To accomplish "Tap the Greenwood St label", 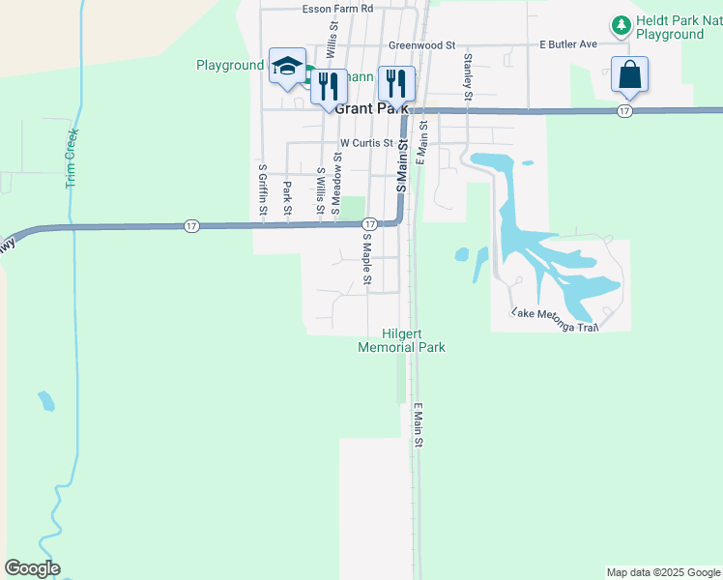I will coord(420,44).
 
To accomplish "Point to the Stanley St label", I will coord(468,76).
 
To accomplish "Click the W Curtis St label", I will coord(366,143).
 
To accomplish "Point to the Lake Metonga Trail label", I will coord(556,320).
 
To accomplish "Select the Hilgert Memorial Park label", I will coord(401,339).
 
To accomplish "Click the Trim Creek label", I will coord(72,158).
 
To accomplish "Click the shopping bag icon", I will coord(629,73).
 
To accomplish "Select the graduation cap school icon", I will coord(287,65).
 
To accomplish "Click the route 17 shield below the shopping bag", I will coord(625,112).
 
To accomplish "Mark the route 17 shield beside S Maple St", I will coord(369,224).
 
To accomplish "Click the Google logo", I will coord(32,568).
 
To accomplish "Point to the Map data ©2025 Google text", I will coord(663,572).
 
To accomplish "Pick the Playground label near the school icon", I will coord(230,65).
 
